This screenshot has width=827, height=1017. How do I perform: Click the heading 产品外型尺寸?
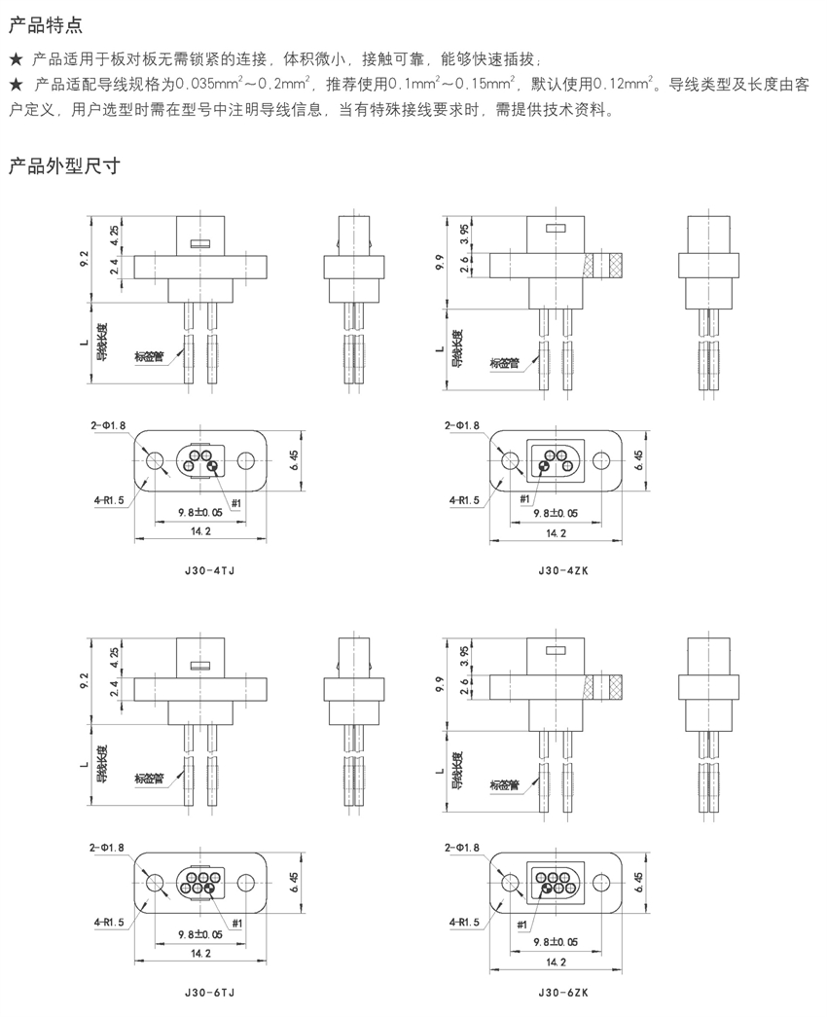(x=63, y=164)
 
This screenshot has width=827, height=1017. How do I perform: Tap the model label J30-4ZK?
(x=562, y=571)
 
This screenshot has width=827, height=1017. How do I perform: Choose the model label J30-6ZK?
(x=562, y=994)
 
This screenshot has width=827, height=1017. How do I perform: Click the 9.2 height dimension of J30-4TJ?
(x=87, y=258)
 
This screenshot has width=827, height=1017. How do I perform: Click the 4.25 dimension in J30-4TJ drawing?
(x=115, y=234)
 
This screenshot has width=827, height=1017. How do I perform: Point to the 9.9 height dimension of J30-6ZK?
(x=442, y=678)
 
